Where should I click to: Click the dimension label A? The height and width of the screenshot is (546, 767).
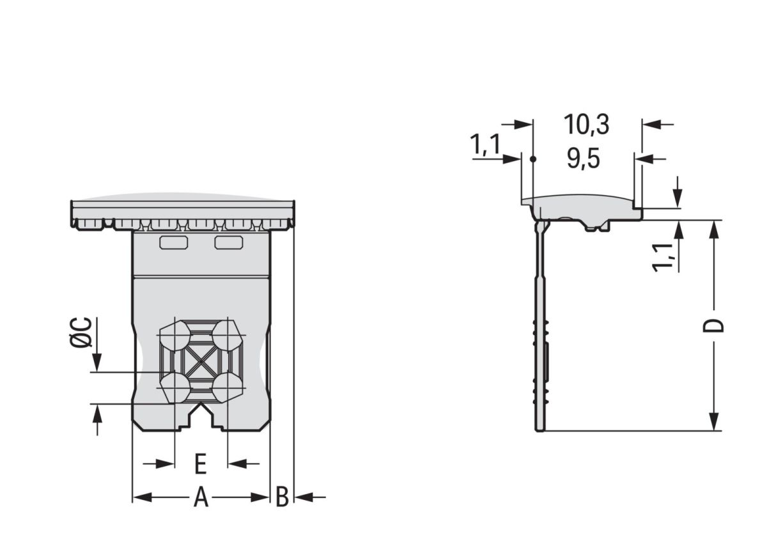pyautogui.click(x=201, y=497)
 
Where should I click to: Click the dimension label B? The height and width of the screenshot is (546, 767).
pyautogui.click(x=283, y=497)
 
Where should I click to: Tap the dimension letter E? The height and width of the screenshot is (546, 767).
pyautogui.click(x=201, y=464)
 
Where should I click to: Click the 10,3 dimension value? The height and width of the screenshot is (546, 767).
pyautogui.click(x=587, y=125)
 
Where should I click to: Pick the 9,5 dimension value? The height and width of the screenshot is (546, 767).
pyautogui.click(x=584, y=159)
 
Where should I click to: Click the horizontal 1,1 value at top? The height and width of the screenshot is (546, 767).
pyautogui.click(x=485, y=144)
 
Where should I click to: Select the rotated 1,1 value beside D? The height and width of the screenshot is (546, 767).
pyautogui.click(x=663, y=258)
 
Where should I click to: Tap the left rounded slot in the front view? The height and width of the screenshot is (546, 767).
pyautogui.click(x=174, y=242)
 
